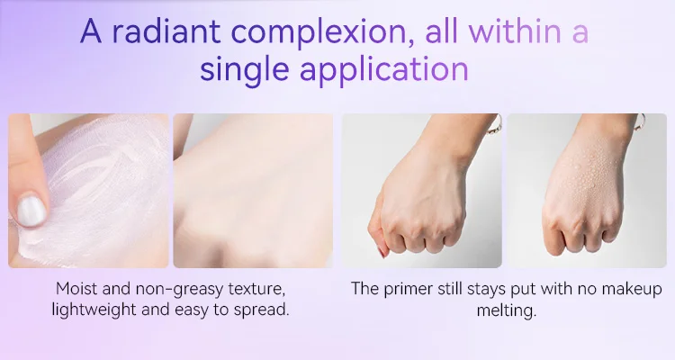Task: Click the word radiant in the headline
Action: pyautogui.click(x=166, y=31)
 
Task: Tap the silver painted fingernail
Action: pyautogui.click(x=31, y=211)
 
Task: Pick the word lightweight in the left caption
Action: pyautogui.click(x=94, y=310)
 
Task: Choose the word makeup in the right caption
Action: pyautogui.click(x=632, y=290)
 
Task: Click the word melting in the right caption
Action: pyautogui.click(x=506, y=310)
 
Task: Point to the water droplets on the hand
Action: pyautogui.click(x=589, y=176)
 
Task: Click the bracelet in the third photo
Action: pyautogui.click(x=495, y=125)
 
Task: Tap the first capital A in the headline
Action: pyautogui.click(x=91, y=31)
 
